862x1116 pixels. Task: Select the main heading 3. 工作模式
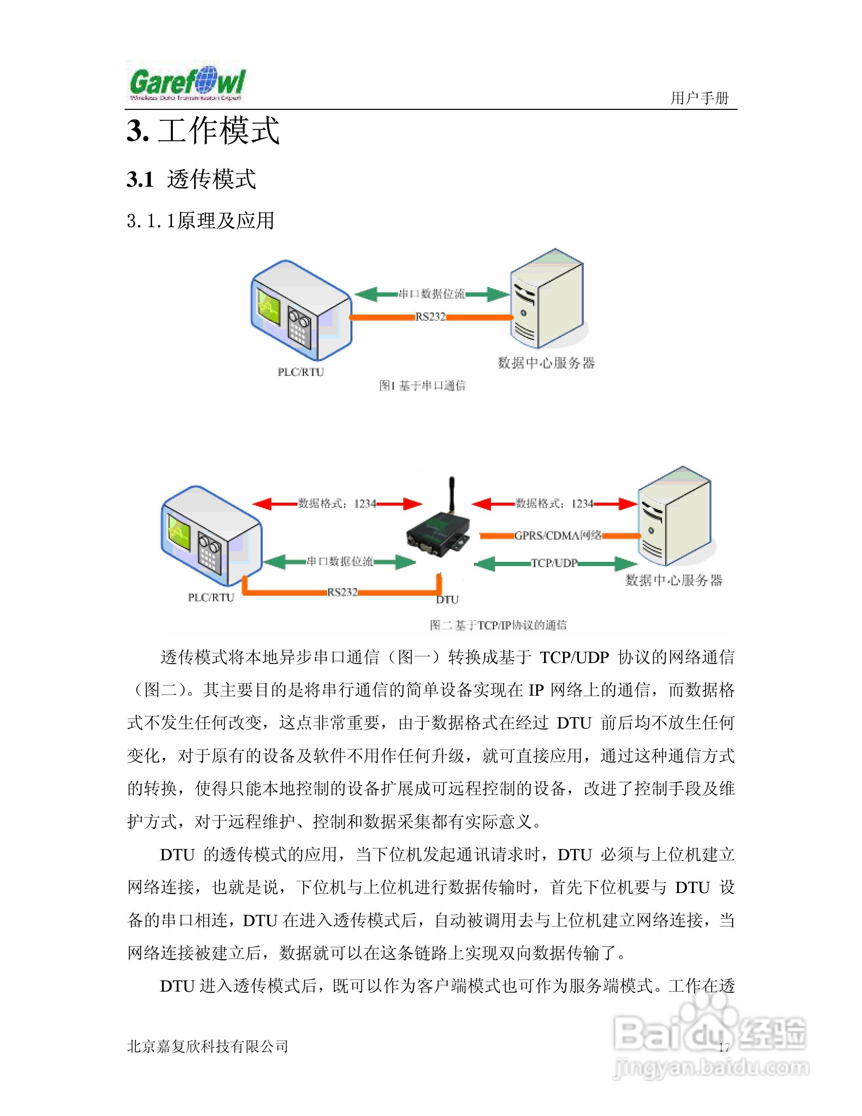tap(203, 130)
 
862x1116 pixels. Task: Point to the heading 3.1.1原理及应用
tap(201, 221)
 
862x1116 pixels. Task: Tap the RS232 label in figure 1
tap(431, 317)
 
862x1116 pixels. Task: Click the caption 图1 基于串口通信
tap(422, 385)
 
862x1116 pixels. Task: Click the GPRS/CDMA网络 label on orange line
tap(558, 535)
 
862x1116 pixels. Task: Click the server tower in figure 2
tap(674, 516)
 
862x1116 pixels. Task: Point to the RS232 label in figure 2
tap(342, 592)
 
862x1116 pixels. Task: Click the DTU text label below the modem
tap(447, 599)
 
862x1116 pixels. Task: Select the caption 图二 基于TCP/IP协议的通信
tap(498, 625)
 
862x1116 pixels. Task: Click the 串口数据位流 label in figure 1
tap(431, 294)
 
